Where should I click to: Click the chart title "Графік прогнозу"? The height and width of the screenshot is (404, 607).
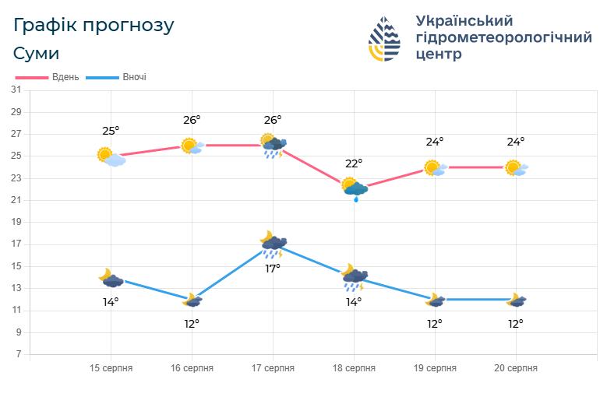[x=94, y=25]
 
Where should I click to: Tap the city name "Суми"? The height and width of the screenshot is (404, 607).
[x=36, y=54]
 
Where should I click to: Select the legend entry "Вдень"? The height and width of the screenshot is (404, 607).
[x=65, y=77]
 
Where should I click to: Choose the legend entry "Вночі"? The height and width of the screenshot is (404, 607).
[x=134, y=77]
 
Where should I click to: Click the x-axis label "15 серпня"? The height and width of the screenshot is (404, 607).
[x=111, y=368]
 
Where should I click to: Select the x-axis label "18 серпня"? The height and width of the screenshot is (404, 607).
[x=354, y=368]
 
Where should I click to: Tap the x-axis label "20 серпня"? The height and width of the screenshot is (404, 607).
[x=516, y=368]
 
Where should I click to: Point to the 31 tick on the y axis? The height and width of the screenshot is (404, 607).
[x=16, y=90]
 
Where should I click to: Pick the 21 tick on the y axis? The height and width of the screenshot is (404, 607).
[x=16, y=200]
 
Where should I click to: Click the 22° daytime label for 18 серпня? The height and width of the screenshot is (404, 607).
[x=354, y=163]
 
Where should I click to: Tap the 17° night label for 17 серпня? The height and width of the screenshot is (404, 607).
[x=273, y=269]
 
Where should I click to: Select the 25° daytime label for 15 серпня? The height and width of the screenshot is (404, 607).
[x=111, y=131]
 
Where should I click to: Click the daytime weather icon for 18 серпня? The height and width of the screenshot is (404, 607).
[x=355, y=188]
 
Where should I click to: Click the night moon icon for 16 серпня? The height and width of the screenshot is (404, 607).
[x=192, y=300]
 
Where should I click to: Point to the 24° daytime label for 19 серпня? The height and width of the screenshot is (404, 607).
[x=435, y=142]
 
